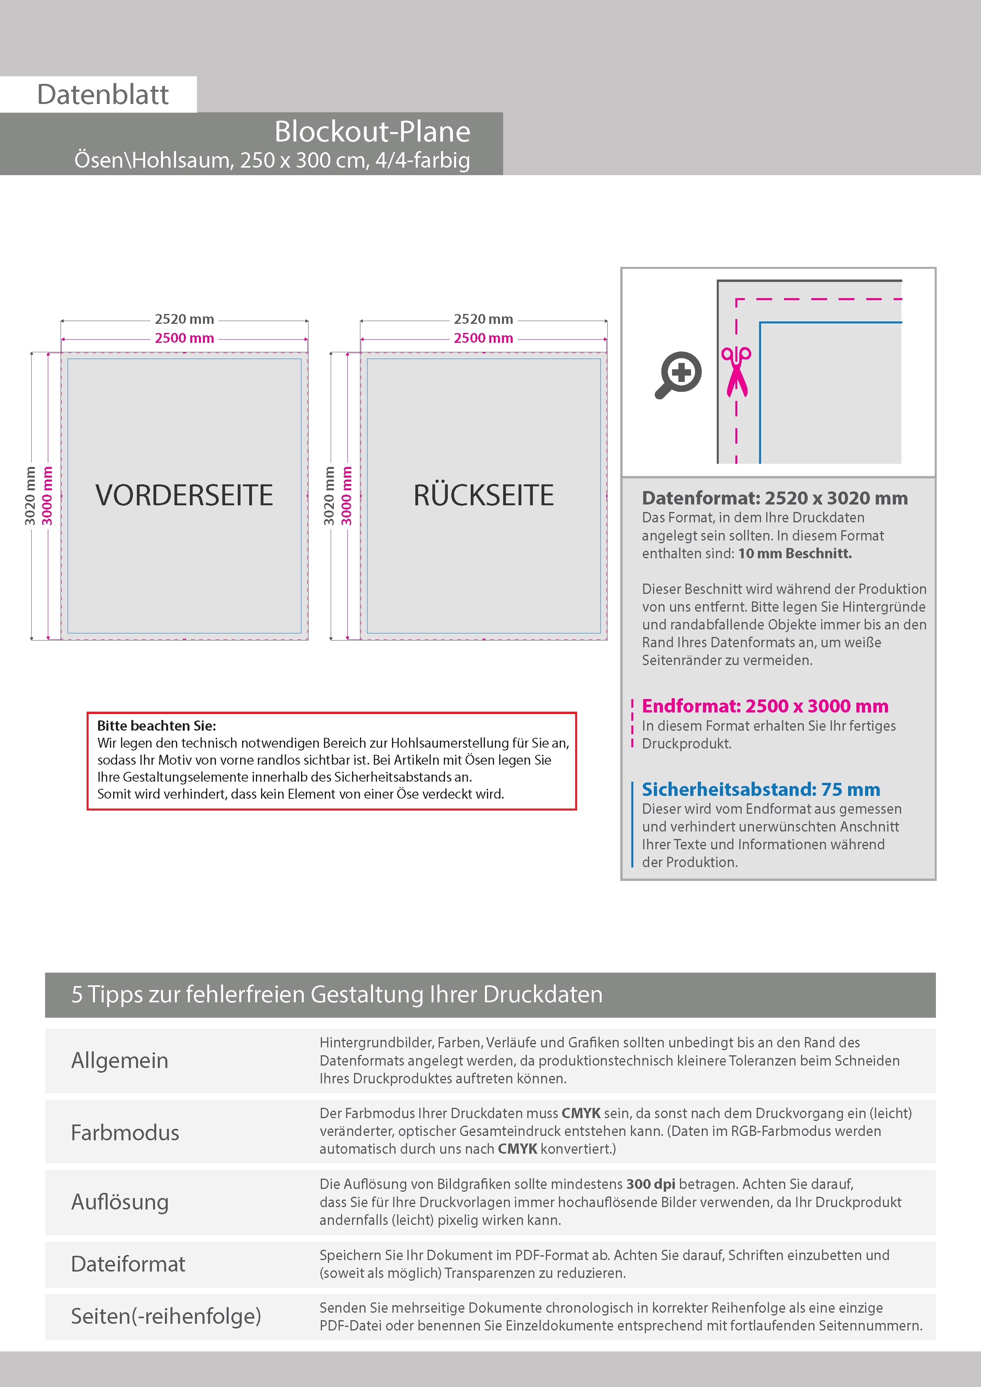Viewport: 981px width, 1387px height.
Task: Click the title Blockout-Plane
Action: click(372, 132)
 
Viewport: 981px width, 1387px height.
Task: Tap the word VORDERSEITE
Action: click(184, 495)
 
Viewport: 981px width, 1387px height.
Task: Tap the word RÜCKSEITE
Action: click(483, 495)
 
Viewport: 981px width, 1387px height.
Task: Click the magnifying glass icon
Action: click(678, 374)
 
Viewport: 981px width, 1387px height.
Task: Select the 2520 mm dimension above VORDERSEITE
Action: click(184, 319)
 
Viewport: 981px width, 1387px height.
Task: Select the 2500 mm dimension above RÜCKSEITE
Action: click(483, 338)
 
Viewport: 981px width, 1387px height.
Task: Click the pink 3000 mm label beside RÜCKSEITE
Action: click(347, 495)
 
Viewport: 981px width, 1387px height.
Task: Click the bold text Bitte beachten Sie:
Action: click(157, 726)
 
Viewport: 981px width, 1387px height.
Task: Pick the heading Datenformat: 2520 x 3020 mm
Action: click(774, 498)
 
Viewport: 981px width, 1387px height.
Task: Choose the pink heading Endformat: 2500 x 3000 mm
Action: click(765, 706)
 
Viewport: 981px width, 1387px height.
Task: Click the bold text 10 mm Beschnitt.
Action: click(795, 554)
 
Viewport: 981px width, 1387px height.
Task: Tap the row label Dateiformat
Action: click(128, 1264)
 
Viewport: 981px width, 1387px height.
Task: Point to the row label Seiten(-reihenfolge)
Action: click(166, 1316)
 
